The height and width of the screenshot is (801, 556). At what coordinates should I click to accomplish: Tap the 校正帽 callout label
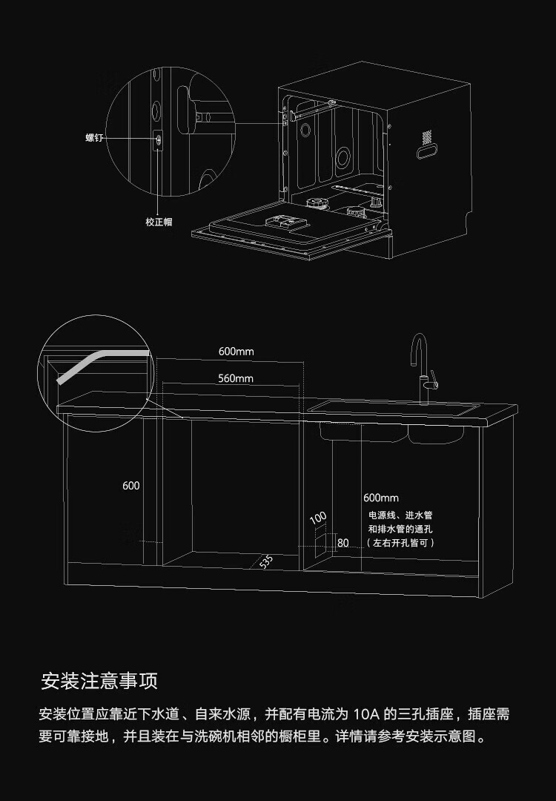click(x=159, y=222)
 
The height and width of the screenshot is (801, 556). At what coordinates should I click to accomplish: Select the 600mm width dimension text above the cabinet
click(x=236, y=351)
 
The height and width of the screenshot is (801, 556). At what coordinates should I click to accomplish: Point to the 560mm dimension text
click(x=236, y=378)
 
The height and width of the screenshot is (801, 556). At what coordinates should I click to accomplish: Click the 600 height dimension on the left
click(x=130, y=486)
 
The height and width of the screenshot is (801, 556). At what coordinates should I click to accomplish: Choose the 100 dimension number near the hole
click(x=318, y=517)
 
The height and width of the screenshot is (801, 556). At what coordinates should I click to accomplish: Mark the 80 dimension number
click(x=342, y=543)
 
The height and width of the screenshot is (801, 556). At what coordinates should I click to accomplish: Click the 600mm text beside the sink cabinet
click(x=381, y=498)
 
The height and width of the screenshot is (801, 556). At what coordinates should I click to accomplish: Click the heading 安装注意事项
click(x=99, y=681)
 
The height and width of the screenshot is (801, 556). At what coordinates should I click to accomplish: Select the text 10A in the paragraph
click(x=366, y=715)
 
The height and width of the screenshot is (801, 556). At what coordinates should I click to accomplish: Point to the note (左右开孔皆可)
click(x=400, y=543)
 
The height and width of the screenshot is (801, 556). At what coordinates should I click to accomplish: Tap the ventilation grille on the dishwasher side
click(x=426, y=137)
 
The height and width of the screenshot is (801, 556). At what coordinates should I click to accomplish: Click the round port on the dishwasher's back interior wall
click(x=342, y=156)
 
